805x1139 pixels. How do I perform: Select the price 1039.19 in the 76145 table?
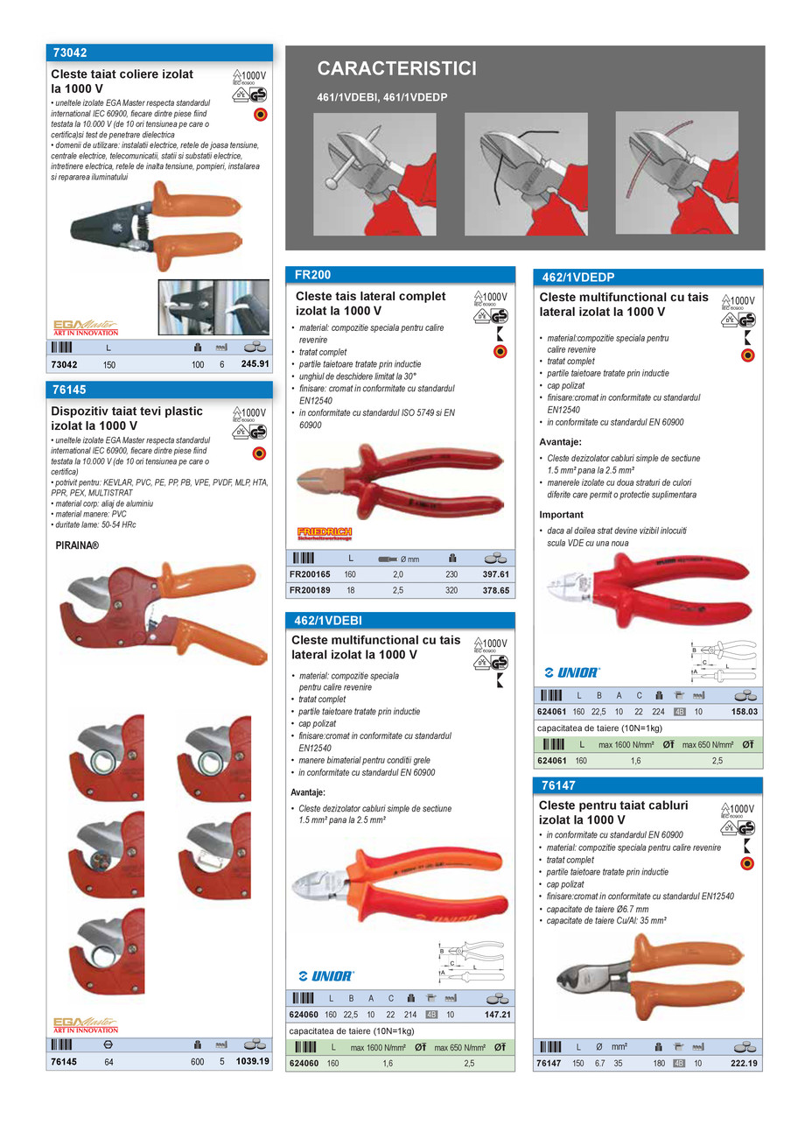(x=252, y=1062)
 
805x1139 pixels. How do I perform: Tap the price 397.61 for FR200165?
(x=495, y=574)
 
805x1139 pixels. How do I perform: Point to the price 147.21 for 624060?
(x=496, y=1015)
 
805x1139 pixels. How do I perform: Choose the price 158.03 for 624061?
(x=744, y=712)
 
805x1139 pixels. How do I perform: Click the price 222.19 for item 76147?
(x=744, y=1063)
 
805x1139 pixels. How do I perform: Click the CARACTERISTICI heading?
(x=396, y=69)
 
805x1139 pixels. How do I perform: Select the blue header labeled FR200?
(x=312, y=274)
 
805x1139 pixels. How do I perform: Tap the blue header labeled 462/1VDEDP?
(x=578, y=278)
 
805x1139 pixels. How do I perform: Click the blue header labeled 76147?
(x=557, y=785)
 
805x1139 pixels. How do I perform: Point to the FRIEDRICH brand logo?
(x=324, y=533)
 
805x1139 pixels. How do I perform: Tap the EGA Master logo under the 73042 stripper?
(x=86, y=327)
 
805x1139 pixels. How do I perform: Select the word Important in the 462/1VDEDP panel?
(x=561, y=515)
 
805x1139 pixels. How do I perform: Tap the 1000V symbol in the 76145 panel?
(x=249, y=412)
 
